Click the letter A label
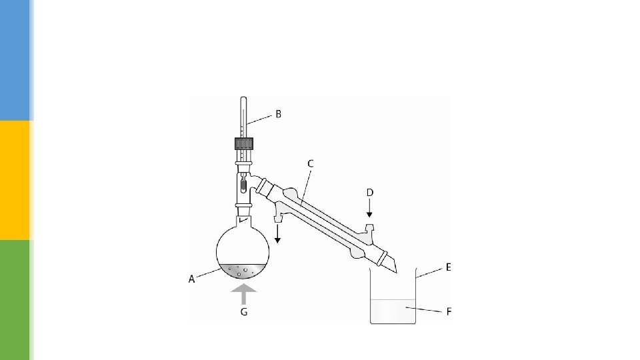(x=191, y=279)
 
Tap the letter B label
(x=279, y=114)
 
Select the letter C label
(x=310, y=164)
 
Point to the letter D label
(x=370, y=193)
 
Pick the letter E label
(x=448, y=267)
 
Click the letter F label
(x=449, y=312)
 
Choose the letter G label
(x=244, y=312)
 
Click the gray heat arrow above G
(x=244, y=294)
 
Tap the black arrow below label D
(x=369, y=208)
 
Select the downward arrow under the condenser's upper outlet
(x=277, y=233)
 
